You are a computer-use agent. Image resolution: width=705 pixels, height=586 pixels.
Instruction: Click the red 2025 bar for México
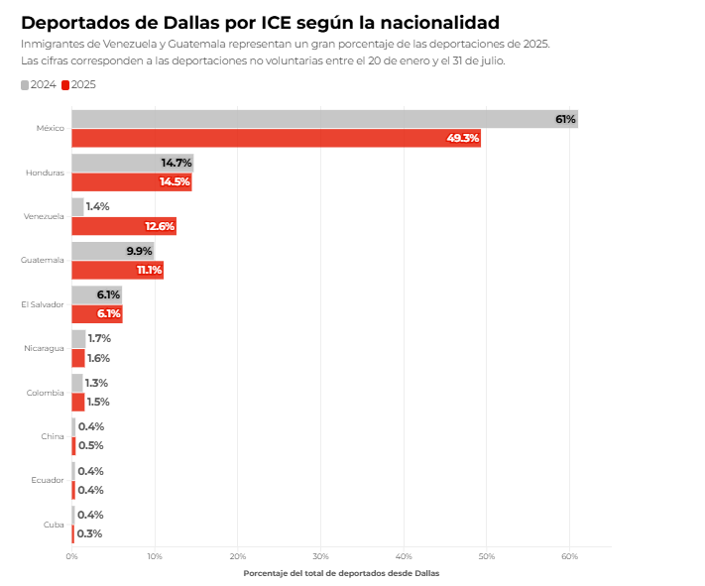point(276,138)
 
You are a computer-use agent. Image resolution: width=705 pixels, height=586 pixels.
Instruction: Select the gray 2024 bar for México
point(324,119)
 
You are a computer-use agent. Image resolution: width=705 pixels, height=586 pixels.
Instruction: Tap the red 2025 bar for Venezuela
point(124,226)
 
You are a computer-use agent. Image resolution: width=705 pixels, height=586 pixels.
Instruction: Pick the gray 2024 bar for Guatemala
point(112,251)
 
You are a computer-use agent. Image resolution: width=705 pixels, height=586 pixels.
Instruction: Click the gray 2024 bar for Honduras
point(132,163)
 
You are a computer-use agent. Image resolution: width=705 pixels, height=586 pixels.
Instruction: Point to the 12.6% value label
point(160,226)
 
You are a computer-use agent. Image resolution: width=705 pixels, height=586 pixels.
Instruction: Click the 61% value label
point(565,119)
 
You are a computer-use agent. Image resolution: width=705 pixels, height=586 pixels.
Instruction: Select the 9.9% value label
point(140,251)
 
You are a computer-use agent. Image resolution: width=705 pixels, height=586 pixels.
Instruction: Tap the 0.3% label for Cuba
point(89,533)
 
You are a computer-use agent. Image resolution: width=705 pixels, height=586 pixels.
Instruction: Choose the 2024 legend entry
point(39,84)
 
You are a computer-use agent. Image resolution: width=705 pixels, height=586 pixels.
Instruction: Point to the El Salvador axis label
point(44,304)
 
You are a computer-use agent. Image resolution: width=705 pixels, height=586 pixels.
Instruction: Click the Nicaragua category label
point(45,348)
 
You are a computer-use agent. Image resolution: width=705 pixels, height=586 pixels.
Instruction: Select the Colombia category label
point(46,393)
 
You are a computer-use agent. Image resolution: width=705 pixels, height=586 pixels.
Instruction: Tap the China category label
point(54,436)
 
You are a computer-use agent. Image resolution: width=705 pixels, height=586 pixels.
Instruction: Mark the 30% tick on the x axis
point(320,556)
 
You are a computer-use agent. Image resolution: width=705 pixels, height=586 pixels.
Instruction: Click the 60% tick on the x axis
point(569,556)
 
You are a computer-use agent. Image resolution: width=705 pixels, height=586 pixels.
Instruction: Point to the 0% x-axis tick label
point(71,556)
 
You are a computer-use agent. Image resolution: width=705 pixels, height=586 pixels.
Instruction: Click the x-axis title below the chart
point(340,573)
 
